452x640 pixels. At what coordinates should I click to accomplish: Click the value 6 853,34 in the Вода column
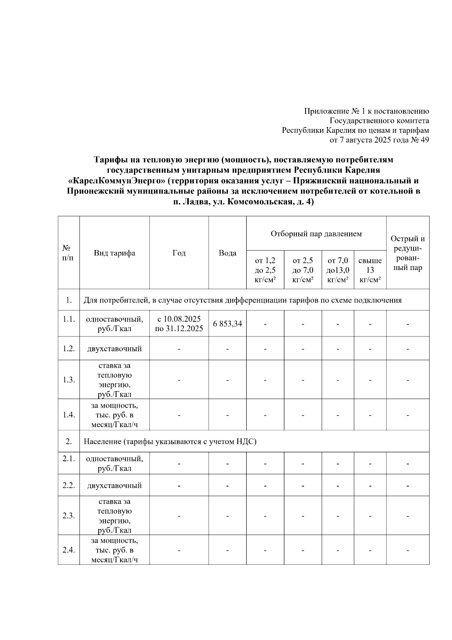tap(228, 324)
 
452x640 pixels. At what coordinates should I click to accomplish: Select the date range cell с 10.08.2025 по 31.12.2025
tap(179, 324)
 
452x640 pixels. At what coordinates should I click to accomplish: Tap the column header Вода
tap(228, 253)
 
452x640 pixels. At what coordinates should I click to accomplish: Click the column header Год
tap(179, 253)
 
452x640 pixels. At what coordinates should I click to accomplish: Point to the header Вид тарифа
tap(115, 253)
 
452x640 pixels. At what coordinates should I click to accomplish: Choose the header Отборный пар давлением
tap(316, 234)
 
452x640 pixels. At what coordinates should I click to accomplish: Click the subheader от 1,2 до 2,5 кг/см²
tap(265, 270)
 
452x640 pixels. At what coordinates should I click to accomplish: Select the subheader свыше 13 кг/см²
tap(370, 270)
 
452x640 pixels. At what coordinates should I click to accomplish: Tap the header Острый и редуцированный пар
tap(408, 253)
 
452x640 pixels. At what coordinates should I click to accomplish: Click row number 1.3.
tap(69, 380)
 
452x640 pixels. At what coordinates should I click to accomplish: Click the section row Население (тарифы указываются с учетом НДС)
tap(170, 442)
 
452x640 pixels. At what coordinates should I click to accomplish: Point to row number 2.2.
tap(69, 485)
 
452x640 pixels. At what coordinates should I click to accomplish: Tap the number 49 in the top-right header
tap(425, 140)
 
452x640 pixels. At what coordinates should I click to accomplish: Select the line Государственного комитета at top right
tap(379, 121)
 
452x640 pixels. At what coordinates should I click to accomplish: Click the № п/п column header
tap(69, 253)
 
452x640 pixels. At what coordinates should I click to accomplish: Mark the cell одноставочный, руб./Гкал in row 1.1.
tap(115, 324)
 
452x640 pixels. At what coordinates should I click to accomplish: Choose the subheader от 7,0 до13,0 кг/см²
tap(338, 270)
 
